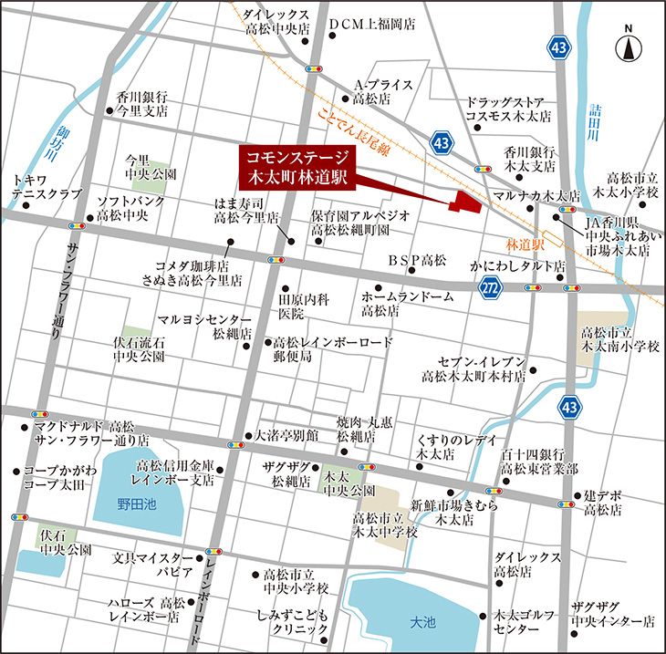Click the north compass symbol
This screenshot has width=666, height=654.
coord(629,45)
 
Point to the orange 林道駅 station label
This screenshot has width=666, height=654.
coord(526,245)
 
